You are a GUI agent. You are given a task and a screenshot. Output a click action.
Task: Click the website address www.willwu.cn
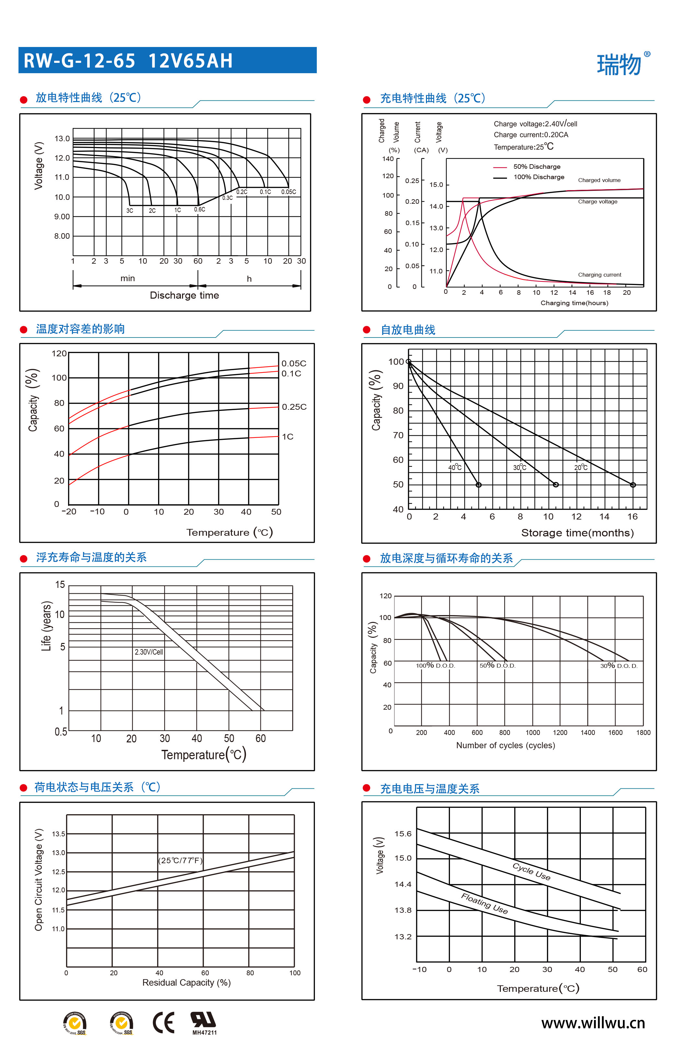pyautogui.click(x=593, y=1023)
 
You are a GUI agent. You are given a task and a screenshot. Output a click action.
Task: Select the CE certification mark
pyautogui.click(x=163, y=1022)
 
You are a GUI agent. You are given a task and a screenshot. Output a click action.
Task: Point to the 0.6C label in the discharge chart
pyautogui.click(x=200, y=209)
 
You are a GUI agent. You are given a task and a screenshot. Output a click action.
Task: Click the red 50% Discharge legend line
pyautogui.click(x=500, y=167)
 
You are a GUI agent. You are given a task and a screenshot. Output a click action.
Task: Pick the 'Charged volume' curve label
pyautogui.click(x=599, y=180)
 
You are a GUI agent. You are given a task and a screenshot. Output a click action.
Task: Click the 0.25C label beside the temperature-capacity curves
pyautogui.click(x=294, y=407)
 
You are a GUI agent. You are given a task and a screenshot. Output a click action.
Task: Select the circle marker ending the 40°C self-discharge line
pyautogui.click(x=478, y=485)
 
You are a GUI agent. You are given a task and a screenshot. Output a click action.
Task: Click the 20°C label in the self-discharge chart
pyautogui.click(x=581, y=468)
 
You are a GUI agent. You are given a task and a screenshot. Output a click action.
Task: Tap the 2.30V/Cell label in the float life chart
pyautogui.click(x=149, y=652)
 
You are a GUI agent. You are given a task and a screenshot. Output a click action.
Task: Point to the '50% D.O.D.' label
pyautogui.click(x=497, y=666)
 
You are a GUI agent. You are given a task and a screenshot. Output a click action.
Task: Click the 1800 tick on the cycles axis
pyautogui.click(x=643, y=732)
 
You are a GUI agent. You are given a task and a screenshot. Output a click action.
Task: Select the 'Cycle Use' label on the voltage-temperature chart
pyautogui.click(x=531, y=871)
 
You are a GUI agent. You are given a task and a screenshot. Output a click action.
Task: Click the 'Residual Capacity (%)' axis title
pyautogui.click(x=187, y=982)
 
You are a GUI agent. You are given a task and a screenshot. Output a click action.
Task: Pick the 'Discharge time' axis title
pyautogui.click(x=184, y=295)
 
